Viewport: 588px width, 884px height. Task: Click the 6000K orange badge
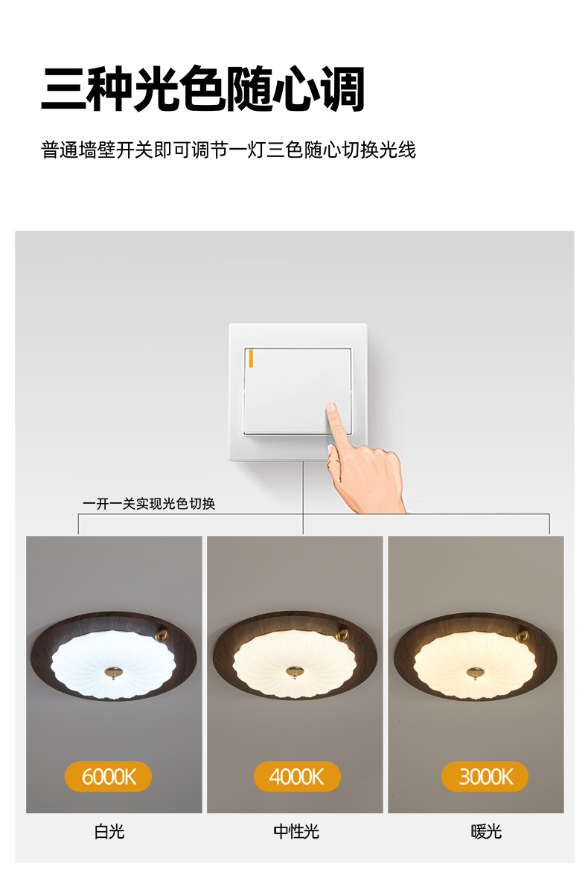click(108, 776)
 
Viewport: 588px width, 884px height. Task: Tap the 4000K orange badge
click(296, 776)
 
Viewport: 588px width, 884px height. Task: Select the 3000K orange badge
click(485, 776)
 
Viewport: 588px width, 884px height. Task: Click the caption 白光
click(109, 831)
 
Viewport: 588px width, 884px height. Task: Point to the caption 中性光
click(296, 831)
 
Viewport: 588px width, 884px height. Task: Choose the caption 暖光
click(486, 831)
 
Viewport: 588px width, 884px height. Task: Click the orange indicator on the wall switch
click(251, 359)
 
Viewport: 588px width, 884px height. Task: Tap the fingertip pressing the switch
click(331, 408)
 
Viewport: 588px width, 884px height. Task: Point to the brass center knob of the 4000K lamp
click(294, 671)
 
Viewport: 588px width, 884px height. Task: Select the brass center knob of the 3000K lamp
click(475, 672)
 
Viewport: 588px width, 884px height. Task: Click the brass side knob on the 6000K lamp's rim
click(161, 634)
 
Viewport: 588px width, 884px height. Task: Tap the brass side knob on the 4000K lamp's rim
click(343, 634)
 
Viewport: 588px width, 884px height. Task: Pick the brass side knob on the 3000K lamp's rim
click(524, 634)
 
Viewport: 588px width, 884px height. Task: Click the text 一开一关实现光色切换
click(149, 504)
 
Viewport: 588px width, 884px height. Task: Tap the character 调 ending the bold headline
click(343, 89)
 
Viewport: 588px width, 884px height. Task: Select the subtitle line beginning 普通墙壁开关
click(229, 150)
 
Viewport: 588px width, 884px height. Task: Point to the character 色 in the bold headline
click(203, 89)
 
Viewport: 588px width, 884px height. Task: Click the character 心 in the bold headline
click(296, 89)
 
